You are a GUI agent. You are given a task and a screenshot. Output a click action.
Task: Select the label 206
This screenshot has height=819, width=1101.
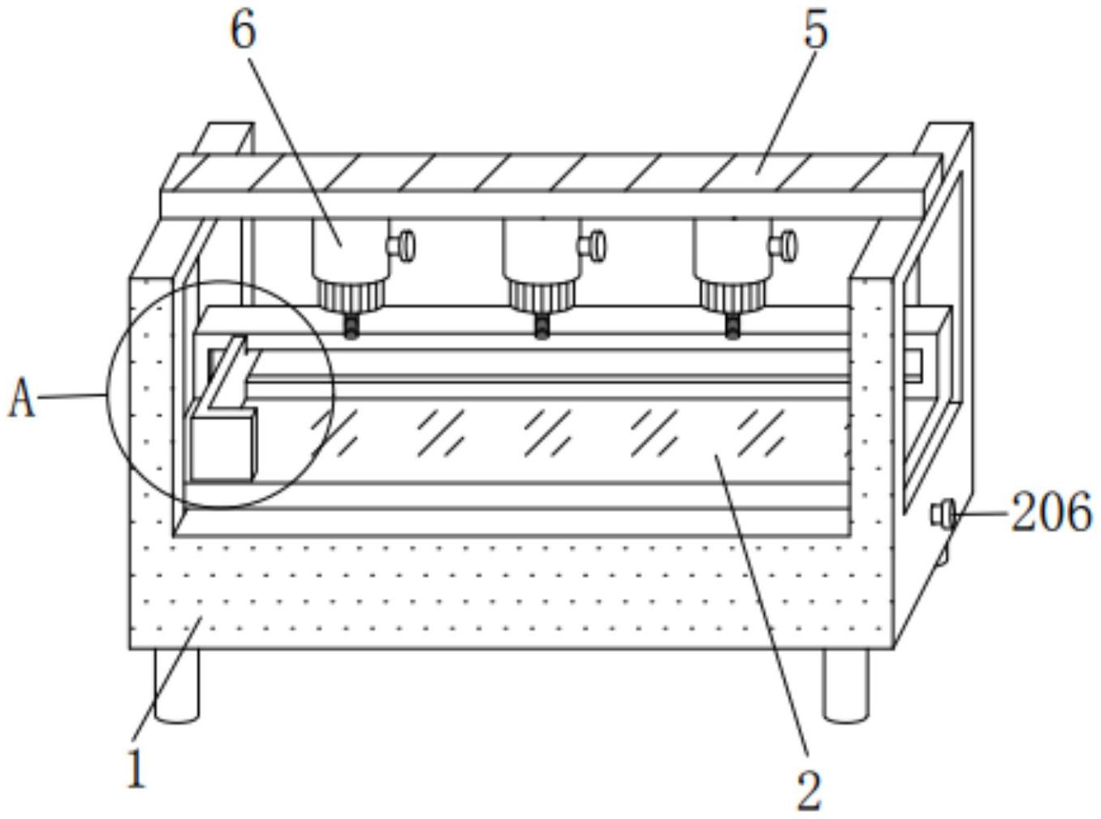tap(1051, 513)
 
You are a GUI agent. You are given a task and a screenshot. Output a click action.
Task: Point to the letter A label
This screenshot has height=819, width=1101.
tap(22, 400)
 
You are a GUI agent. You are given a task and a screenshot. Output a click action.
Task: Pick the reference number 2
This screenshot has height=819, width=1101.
tap(809, 788)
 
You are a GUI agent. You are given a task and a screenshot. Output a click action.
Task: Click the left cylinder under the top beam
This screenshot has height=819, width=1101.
tap(349, 248)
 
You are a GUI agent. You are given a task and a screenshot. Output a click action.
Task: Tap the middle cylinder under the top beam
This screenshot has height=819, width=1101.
tap(540, 248)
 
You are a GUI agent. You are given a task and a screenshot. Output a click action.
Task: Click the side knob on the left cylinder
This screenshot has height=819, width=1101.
tap(404, 245)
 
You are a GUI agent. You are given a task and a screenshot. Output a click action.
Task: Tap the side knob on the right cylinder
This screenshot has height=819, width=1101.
tap(784, 245)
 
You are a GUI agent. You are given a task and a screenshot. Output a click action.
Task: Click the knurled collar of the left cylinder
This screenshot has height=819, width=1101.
tap(352, 296)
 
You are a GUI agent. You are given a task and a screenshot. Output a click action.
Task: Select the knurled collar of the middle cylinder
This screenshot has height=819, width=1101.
tap(542, 296)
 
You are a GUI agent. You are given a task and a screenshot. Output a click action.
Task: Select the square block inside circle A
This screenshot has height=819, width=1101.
tap(222, 444)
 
